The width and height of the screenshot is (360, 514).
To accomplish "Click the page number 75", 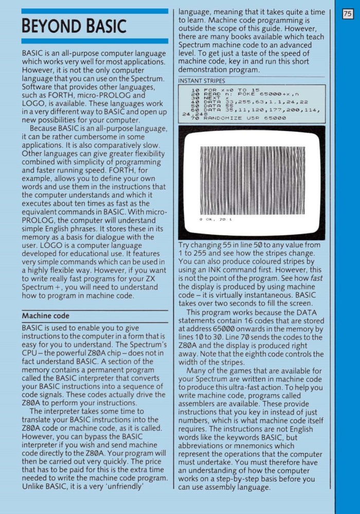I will [348, 14].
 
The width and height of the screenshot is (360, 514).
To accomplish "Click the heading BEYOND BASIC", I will [74, 26].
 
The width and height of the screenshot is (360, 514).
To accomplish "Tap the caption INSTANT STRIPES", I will [202, 81].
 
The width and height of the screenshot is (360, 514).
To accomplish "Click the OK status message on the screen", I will [215, 219].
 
